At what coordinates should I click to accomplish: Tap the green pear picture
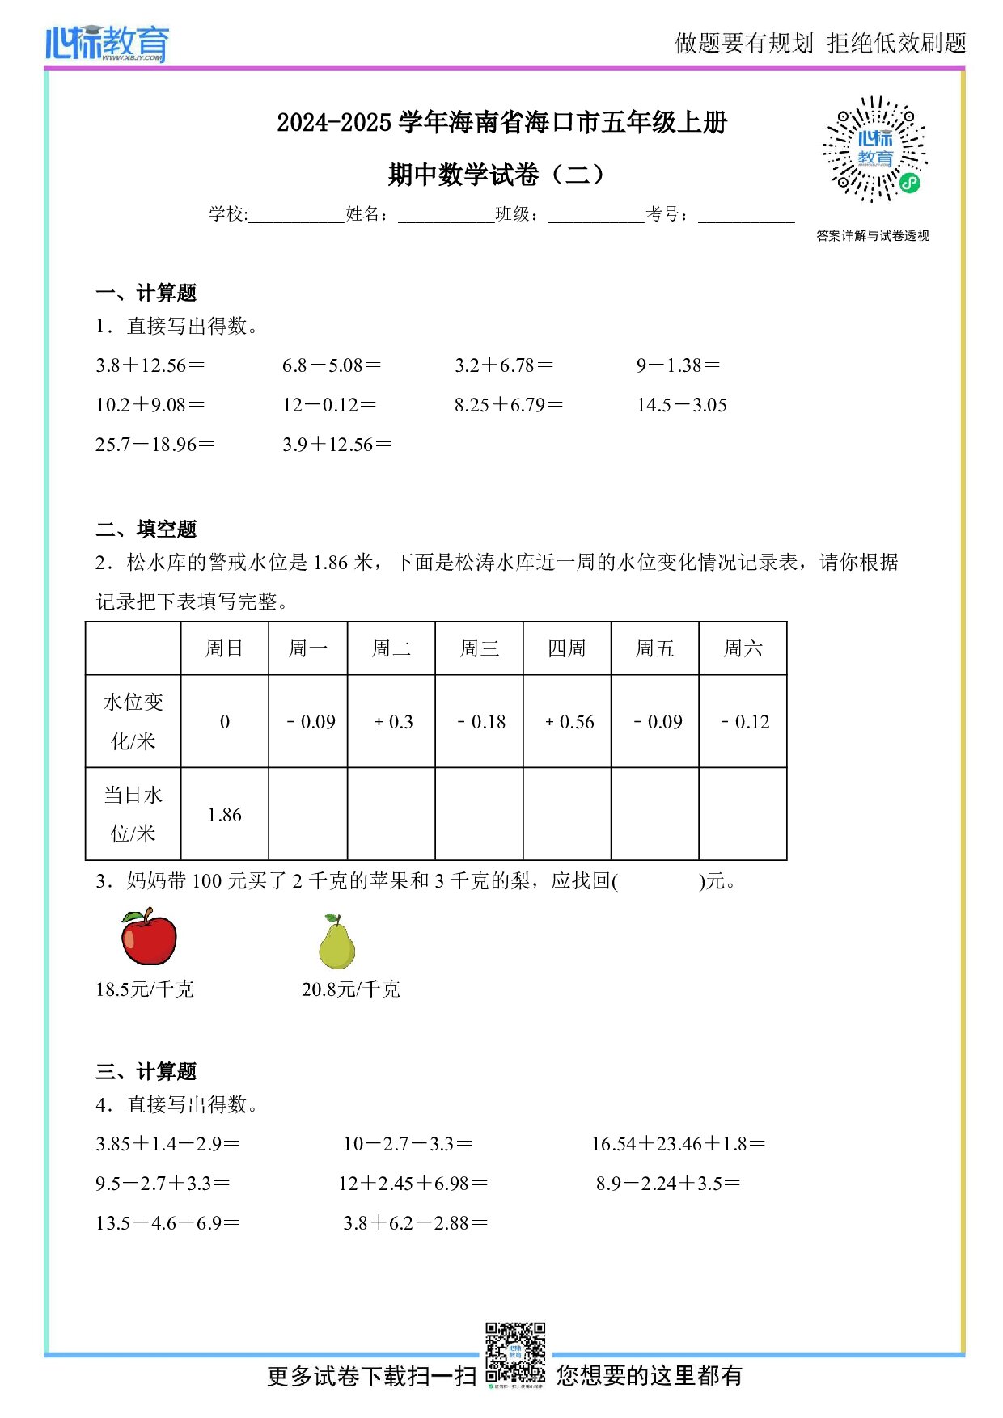(336, 942)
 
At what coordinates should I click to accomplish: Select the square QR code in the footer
(515, 1353)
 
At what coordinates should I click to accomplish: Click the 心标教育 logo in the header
(108, 43)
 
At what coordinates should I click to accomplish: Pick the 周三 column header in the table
(479, 648)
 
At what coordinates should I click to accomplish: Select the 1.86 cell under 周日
(225, 815)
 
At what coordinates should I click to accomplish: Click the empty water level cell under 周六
(743, 814)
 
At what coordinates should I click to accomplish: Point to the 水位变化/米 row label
(133, 721)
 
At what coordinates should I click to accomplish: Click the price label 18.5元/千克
(145, 990)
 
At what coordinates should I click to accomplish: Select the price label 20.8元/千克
(351, 990)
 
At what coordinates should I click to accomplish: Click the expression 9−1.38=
(678, 365)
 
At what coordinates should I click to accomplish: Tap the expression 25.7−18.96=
(155, 445)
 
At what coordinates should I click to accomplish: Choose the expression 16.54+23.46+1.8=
(678, 1144)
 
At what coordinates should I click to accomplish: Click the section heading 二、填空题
(146, 530)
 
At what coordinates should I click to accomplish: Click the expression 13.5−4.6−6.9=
(167, 1223)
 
